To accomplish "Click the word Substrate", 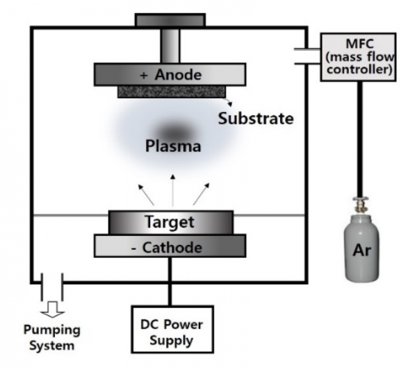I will (x=255, y=118).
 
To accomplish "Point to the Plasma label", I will (x=173, y=147).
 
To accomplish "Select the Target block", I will (x=170, y=223).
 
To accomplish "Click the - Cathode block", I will (x=170, y=247).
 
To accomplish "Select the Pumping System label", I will (x=51, y=337).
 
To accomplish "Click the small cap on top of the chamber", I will (x=170, y=19).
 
